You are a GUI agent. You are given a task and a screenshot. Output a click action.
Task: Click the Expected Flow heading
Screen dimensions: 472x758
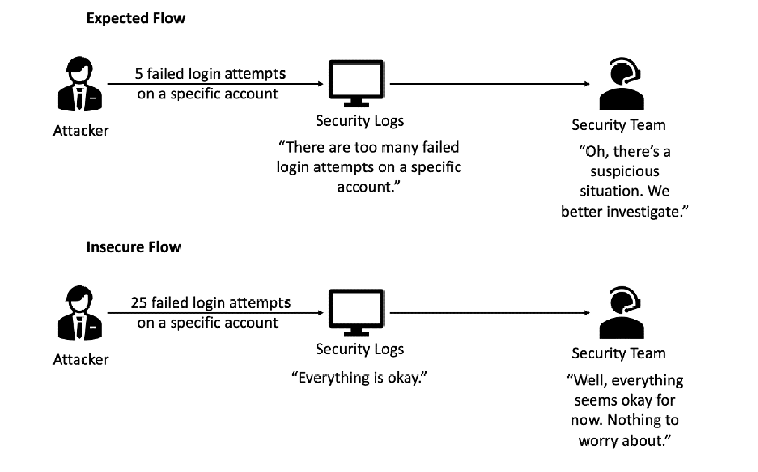point(136,18)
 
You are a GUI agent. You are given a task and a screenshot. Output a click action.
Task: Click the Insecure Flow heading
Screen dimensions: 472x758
point(133,247)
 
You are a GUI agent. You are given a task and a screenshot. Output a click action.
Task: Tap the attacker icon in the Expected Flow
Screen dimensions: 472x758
point(80,84)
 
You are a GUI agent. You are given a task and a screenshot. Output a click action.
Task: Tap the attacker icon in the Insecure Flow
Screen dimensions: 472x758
point(80,313)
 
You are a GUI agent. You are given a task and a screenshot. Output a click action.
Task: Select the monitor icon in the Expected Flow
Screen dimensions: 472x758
point(356,82)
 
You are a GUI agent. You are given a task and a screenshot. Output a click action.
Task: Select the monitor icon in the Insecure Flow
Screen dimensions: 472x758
point(356,311)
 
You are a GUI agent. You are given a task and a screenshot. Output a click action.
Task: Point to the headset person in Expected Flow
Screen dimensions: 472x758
point(621,85)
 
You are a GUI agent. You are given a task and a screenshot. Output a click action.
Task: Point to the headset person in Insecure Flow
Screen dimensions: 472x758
point(621,313)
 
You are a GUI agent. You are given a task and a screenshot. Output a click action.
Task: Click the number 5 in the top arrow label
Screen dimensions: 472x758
point(139,74)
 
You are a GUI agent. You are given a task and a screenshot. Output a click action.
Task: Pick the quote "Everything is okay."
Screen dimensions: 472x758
point(359,378)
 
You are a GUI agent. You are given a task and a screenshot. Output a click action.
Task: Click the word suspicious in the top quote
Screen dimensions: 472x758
point(624,171)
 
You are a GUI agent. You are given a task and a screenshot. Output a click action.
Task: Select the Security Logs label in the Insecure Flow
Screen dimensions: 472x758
point(359,349)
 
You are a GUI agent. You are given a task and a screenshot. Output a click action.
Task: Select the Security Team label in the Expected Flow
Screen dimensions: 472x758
point(618,125)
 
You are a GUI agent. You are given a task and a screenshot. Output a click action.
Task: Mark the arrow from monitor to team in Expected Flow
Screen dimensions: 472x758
point(490,84)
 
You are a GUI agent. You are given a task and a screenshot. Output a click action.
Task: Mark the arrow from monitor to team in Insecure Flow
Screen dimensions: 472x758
point(490,313)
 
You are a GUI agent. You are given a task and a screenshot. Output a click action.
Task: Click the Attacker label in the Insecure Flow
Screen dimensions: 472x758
point(81,359)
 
